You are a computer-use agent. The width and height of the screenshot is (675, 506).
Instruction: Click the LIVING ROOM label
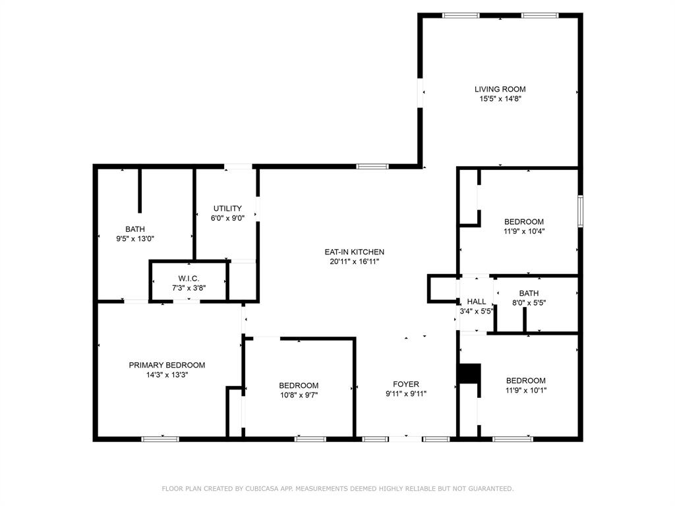coord(500,89)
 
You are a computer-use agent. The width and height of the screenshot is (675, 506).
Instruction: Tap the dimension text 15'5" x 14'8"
coord(500,99)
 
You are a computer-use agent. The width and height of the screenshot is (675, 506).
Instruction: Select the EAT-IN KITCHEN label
coord(354,252)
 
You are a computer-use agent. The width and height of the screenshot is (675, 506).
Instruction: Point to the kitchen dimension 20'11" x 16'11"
coord(354,262)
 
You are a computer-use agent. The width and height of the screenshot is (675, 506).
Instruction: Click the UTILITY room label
coord(227,208)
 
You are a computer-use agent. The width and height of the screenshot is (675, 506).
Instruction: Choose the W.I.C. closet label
coord(189,279)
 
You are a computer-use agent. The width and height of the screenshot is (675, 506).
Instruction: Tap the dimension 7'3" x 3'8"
coord(189,288)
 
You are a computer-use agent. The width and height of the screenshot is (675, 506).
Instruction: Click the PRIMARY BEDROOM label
coord(167,365)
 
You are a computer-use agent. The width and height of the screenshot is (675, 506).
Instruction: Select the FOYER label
coord(406,384)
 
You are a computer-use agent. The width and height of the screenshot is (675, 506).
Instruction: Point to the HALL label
coord(476,301)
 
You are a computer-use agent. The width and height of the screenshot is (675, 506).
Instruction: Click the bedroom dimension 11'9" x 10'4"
coord(524,231)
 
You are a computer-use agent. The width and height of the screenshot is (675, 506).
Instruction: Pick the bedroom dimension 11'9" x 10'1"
coord(526,390)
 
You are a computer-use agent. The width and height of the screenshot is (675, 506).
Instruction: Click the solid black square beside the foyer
coord(469,373)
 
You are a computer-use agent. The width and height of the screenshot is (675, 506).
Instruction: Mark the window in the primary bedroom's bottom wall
coord(160,439)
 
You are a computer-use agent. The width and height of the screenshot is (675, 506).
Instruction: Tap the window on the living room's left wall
coord(420,92)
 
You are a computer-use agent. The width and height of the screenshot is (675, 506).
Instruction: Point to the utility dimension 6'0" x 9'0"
coord(227,218)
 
